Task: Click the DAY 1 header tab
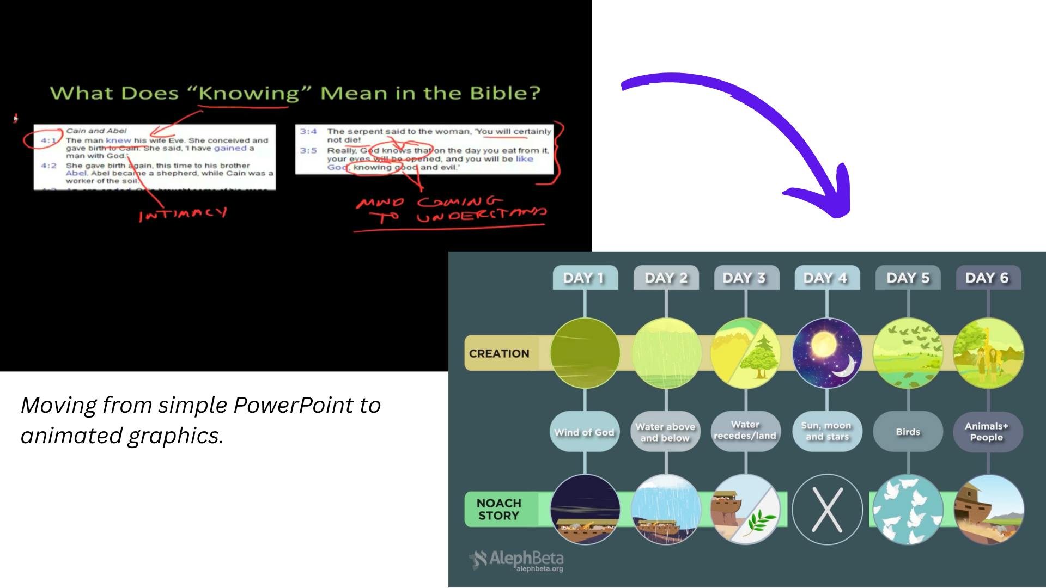click(x=585, y=278)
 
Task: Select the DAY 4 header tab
click(x=826, y=278)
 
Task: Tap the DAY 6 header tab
click(x=988, y=278)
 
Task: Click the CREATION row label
click(x=499, y=353)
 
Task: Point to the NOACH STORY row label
click(x=499, y=509)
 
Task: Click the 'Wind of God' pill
click(x=585, y=432)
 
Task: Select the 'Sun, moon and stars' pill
click(x=827, y=431)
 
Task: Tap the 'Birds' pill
click(x=908, y=432)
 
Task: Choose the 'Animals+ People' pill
click(x=987, y=432)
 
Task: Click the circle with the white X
click(x=827, y=510)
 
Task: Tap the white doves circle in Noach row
click(x=908, y=510)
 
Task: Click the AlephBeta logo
click(x=517, y=560)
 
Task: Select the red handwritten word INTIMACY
click(x=183, y=214)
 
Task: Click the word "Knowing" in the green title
click(x=249, y=93)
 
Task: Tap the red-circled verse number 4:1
click(x=48, y=140)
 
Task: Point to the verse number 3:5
click(x=308, y=150)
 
